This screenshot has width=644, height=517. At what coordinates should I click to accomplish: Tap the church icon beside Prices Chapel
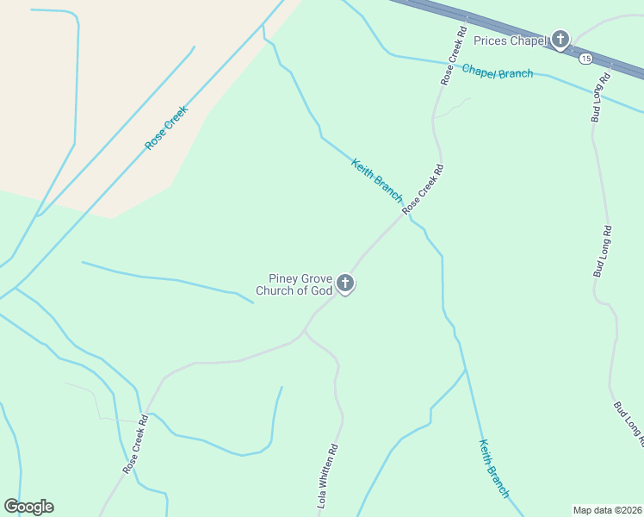click(x=560, y=39)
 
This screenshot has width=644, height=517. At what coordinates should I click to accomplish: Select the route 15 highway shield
click(x=585, y=58)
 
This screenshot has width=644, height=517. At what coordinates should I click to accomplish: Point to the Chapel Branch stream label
click(x=498, y=72)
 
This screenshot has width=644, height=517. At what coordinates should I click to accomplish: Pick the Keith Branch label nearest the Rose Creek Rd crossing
click(x=376, y=180)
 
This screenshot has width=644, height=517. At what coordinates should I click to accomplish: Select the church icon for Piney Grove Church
click(x=344, y=283)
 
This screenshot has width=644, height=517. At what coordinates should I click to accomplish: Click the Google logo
click(x=28, y=507)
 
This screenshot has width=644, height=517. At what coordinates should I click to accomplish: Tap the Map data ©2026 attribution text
click(x=608, y=509)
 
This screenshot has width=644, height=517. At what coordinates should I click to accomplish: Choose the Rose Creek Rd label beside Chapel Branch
click(x=450, y=60)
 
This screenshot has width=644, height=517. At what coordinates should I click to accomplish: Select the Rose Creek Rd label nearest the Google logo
click(x=135, y=445)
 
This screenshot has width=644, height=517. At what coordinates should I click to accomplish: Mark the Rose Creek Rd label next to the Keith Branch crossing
click(x=423, y=189)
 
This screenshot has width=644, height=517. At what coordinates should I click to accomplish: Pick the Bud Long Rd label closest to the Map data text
click(x=629, y=423)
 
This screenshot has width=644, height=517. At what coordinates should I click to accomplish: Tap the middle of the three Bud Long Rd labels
click(x=602, y=251)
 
